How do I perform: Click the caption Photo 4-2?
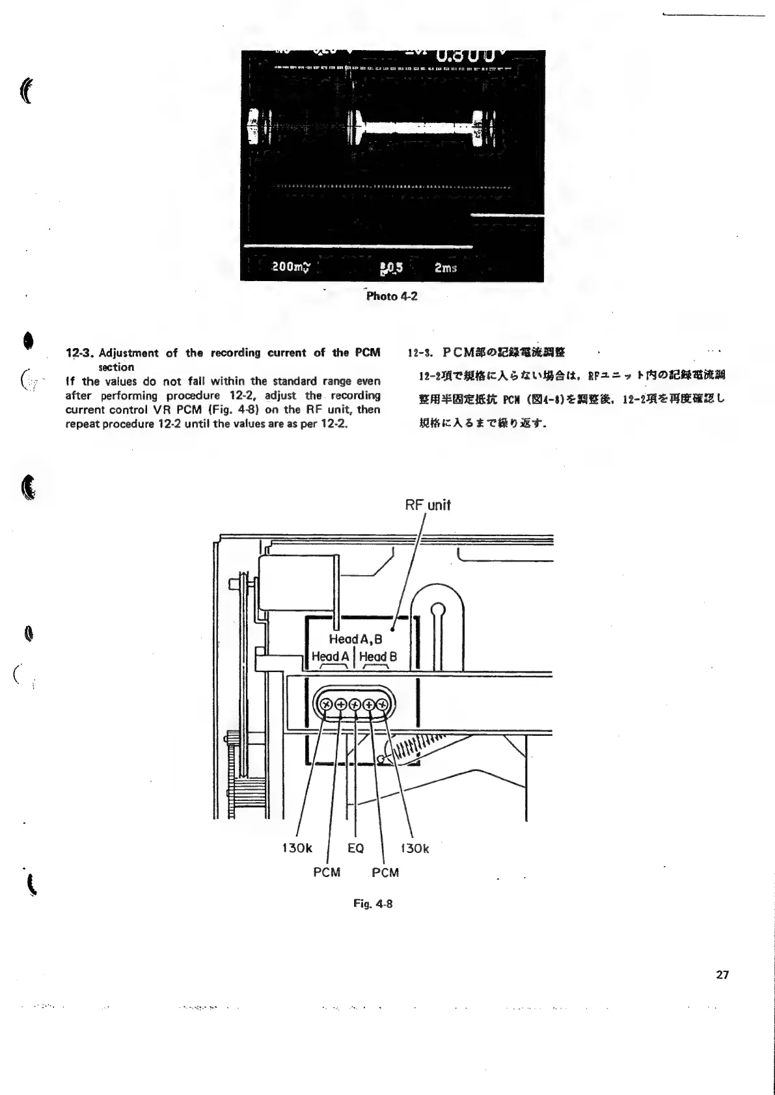[x=391, y=297]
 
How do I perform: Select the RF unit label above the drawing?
[x=428, y=505]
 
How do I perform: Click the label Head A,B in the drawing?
[x=355, y=639]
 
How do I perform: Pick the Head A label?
[x=331, y=656]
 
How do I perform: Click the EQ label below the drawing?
[x=355, y=848]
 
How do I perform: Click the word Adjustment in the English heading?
[x=128, y=353]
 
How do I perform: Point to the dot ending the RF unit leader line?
[x=393, y=629]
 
